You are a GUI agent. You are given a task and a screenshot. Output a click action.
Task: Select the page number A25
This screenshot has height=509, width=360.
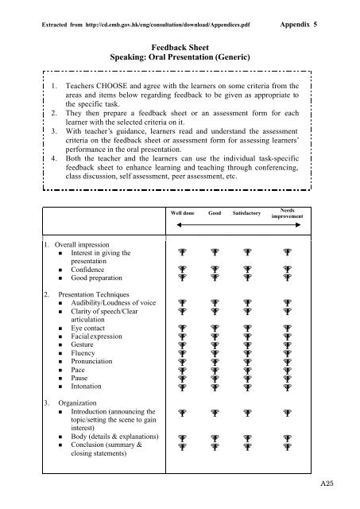pos(337,495)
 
